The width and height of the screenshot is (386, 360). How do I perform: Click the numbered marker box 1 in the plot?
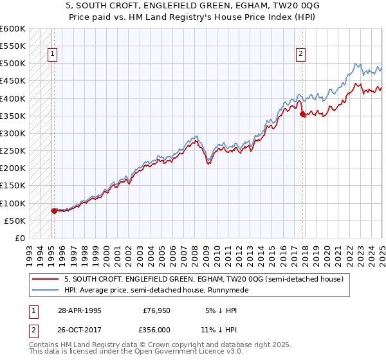[52, 55]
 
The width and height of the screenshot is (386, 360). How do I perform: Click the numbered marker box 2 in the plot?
[300, 55]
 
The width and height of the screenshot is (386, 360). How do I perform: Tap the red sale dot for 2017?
[303, 114]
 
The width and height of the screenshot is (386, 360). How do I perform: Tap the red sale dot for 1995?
[54, 210]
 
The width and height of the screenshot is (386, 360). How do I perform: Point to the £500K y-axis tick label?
[13, 64]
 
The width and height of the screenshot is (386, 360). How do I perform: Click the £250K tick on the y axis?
[13, 151]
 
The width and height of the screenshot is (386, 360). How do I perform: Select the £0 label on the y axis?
[20, 238]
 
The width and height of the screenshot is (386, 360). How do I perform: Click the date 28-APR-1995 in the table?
[79, 310]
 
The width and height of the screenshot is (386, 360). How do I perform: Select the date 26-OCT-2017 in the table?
[79, 328]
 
